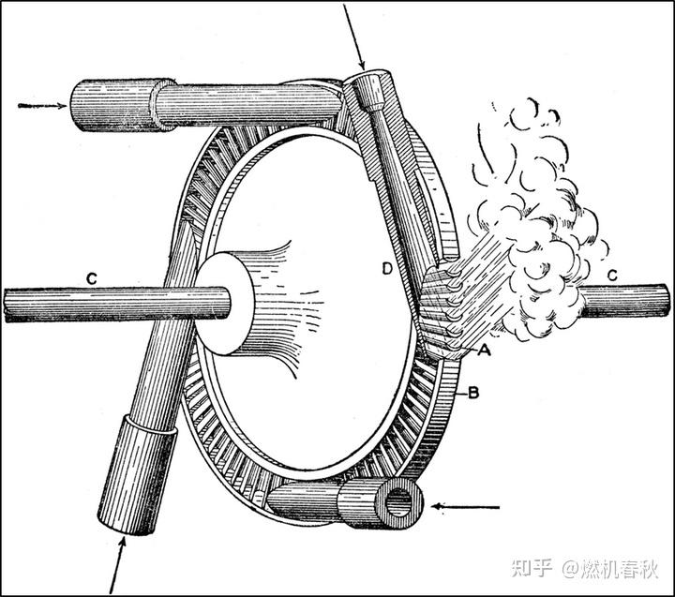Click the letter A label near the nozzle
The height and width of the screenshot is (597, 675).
point(485,351)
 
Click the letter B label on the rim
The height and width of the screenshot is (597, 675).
point(473,393)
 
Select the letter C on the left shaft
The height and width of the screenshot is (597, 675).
point(91,276)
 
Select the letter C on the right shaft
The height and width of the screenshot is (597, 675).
point(611,275)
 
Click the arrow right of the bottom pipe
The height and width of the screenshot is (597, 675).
point(464,508)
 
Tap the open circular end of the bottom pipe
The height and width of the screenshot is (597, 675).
point(401,504)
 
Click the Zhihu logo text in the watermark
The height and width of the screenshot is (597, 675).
point(531,569)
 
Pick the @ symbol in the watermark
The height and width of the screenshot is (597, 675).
point(571,569)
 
